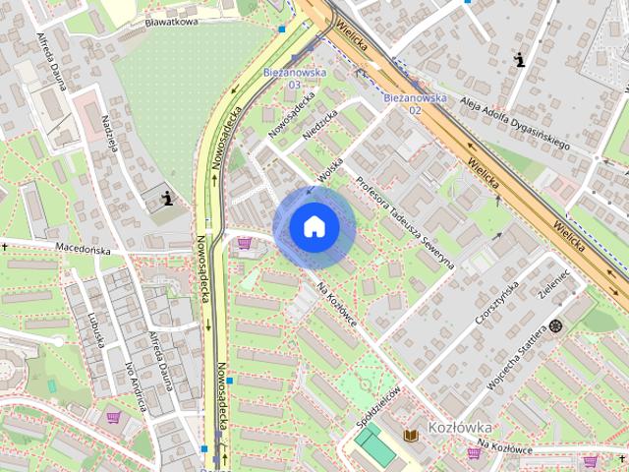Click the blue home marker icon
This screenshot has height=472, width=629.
click(314, 227)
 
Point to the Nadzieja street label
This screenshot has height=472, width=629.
click(110, 134)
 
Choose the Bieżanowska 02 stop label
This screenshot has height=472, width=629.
click(415, 103)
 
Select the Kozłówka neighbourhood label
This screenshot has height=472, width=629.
click(459, 429)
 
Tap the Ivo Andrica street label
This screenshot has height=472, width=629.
click(133, 384)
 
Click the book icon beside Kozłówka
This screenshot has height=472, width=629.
click(411, 434)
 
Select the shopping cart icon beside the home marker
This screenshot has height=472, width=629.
click(244, 243)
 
